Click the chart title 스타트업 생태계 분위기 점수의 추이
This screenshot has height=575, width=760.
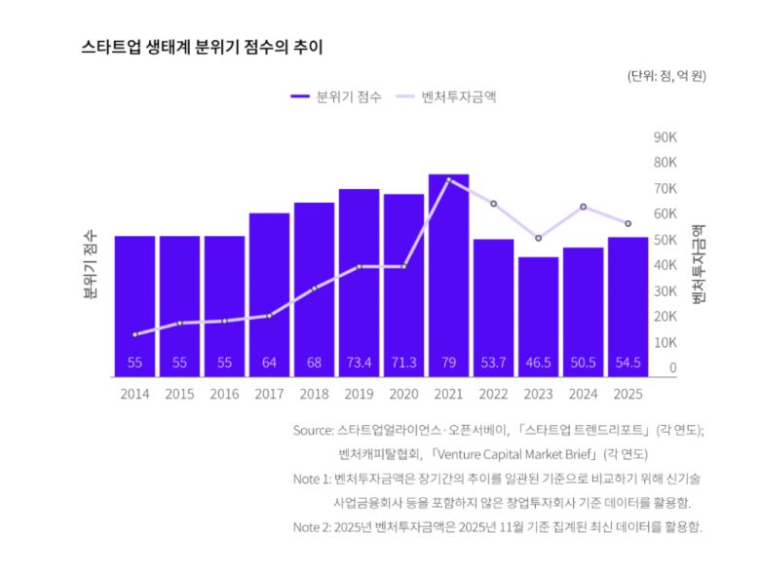[x=202, y=47]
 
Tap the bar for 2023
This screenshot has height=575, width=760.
[x=538, y=312]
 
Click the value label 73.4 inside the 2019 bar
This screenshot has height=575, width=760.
[x=359, y=364]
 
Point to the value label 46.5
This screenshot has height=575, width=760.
[x=538, y=364]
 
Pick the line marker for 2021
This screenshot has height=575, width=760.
[x=448, y=180]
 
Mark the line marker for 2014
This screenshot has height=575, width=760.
[x=134, y=334]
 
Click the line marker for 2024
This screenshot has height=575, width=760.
[x=583, y=207]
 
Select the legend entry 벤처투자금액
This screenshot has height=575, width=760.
[x=458, y=97]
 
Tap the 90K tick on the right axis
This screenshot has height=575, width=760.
[x=665, y=136]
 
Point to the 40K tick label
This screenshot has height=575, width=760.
[x=665, y=265]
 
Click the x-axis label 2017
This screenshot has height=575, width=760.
[x=269, y=395]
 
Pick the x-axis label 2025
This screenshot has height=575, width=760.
[x=627, y=395]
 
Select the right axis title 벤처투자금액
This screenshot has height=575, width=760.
[x=698, y=263]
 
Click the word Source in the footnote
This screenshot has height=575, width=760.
[x=314, y=430]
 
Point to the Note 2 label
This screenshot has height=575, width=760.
[x=311, y=527]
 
